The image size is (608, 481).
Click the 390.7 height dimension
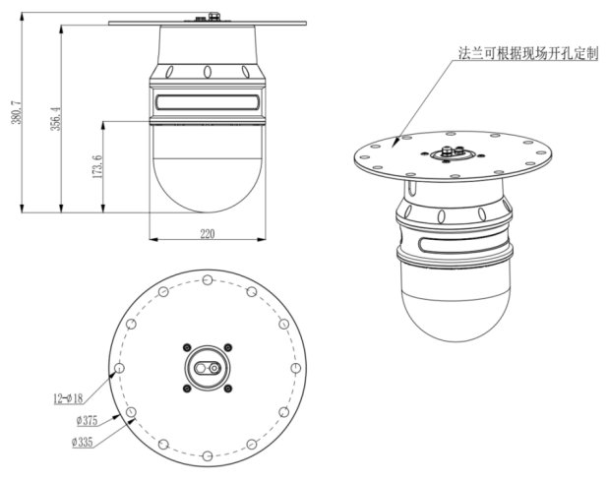[x=14, y=117]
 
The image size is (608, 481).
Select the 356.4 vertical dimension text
[x=57, y=117]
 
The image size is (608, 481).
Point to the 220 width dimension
[x=207, y=233]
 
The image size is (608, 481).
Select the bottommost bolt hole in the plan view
[x=208, y=455]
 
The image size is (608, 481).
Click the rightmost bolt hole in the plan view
[x=296, y=367]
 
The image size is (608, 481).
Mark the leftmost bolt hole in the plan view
[x=119, y=367]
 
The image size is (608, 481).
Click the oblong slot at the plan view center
[x=208, y=367]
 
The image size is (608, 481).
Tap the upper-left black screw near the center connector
[x=187, y=346]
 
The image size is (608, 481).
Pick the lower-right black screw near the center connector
[x=228, y=388]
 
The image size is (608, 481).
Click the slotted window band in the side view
[x=207, y=100]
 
